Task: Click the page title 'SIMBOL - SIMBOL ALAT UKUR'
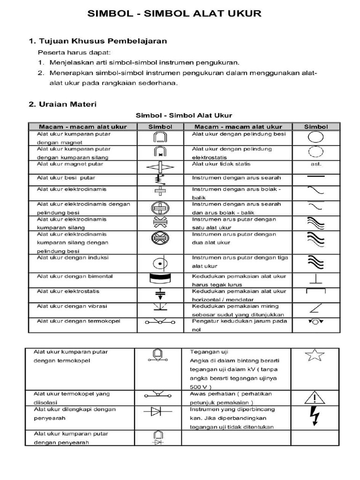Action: coord(174,14)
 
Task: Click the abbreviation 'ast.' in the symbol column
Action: coord(315,164)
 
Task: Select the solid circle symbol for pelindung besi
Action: coord(315,137)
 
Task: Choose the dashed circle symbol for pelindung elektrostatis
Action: coord(315,152)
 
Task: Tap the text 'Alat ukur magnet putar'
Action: coord(70,164)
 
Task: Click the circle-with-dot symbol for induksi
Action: coord(160,263)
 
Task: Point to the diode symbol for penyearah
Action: coord(157,412)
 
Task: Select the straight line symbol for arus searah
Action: coord(315,177)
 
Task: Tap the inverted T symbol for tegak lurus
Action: coord(315,280)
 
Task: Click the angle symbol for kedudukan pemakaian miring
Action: coord(315,308)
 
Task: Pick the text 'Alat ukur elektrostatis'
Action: coord(68,292)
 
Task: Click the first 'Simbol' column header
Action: coord(160,127)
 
